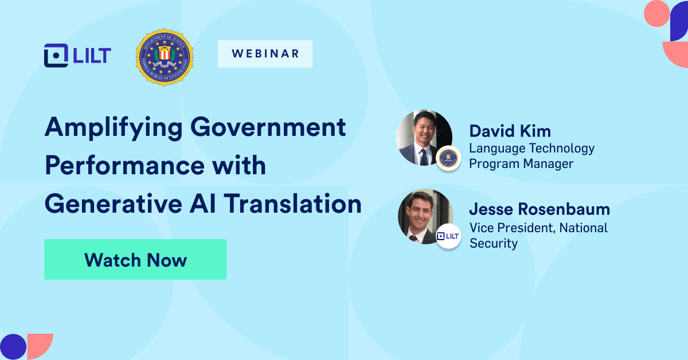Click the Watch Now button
[135, 260]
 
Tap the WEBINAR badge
[265, 54]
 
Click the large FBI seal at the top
[164, 58]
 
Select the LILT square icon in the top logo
[55, 56]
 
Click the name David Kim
[510, 131]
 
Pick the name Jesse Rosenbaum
[540, 209]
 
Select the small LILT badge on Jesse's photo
[448, 236]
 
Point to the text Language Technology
[531, 148]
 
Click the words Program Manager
[521, 164]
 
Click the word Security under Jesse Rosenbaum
[493, 243]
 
